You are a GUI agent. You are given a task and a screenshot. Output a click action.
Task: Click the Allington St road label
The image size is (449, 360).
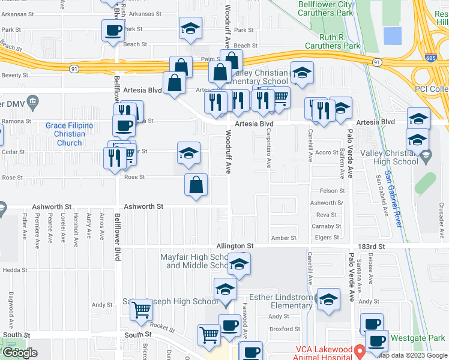235,246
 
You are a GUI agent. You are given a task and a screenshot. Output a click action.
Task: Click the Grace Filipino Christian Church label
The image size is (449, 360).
70,134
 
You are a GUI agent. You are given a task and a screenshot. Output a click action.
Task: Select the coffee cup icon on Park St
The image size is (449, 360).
112,30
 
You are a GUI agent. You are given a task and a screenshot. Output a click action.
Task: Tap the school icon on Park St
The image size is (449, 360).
190,28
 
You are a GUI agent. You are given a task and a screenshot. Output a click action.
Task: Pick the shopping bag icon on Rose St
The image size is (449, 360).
196,185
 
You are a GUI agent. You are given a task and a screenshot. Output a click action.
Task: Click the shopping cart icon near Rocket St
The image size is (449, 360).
142,310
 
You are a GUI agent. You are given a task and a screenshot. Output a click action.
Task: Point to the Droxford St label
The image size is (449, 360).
285,329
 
